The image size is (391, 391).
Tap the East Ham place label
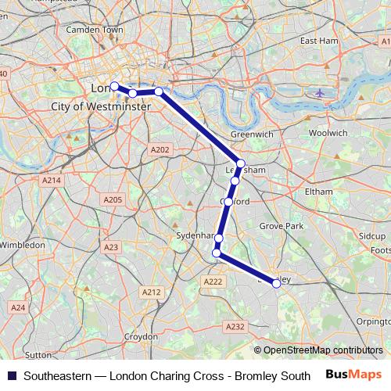click(x=317, y=40)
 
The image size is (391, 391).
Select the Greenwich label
click(x=252, y=135)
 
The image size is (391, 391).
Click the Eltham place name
click(x=319, y=191)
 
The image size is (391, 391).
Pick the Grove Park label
click(x=281, y=226)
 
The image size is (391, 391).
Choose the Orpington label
click(x=373, y=321)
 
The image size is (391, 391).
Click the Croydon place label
click(x=141, y=336)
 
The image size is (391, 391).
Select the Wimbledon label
click(x=22, y=245)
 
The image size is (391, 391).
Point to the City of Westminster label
click(x=100, y=106)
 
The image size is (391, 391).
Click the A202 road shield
click(x=159, y=149)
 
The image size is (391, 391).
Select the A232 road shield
click(x=234, y=326)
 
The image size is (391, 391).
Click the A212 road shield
click(x=151, y=292)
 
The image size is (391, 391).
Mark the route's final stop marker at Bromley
click(x=276, y=284)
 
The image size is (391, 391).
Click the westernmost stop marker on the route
click(x=114, y=86)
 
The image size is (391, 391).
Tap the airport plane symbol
click(x=320, y=93)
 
